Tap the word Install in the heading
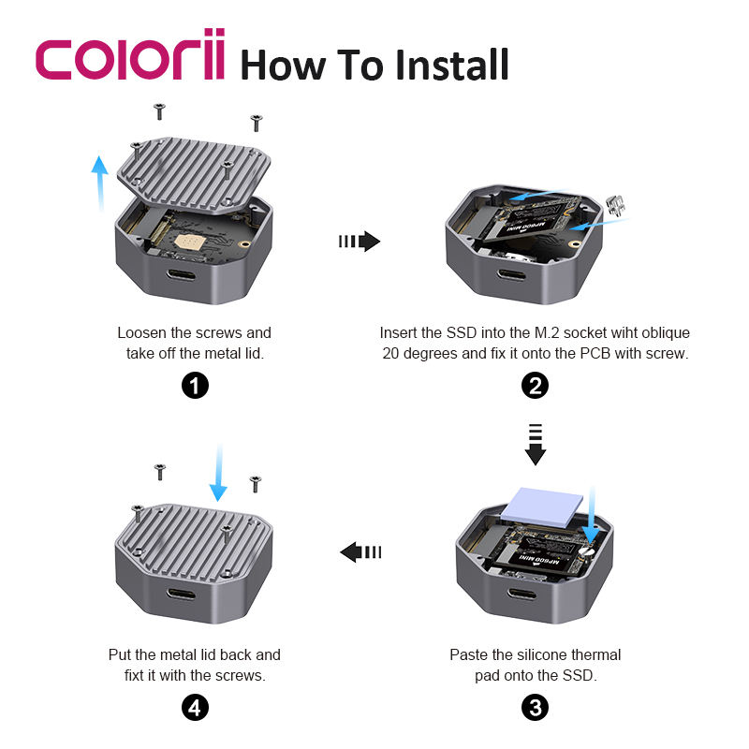pos(452,65)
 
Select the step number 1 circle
pos(195,385)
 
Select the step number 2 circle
pos(535,385)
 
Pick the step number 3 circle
pos(535,708)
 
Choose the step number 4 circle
pos(195,708)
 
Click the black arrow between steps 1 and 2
pos(360,242)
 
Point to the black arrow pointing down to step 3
pos(536,444)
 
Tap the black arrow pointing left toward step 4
pos(360,552)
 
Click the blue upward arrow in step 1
pos(100,183)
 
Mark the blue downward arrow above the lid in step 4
pos(218,473)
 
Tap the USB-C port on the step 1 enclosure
pos(181,275)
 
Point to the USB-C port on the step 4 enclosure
pos(181,595)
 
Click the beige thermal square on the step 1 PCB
pos(190,242)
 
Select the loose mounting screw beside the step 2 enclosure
pos(616,205)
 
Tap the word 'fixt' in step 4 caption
pos(134,675)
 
